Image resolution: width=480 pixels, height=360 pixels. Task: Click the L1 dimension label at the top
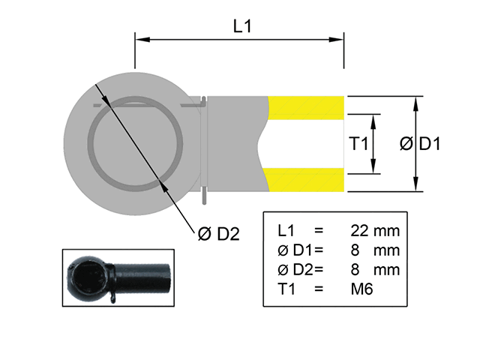(241, 26)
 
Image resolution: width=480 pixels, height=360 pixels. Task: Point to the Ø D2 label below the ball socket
(218, 233)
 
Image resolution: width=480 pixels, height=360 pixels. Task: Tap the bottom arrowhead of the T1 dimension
(374, 169)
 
